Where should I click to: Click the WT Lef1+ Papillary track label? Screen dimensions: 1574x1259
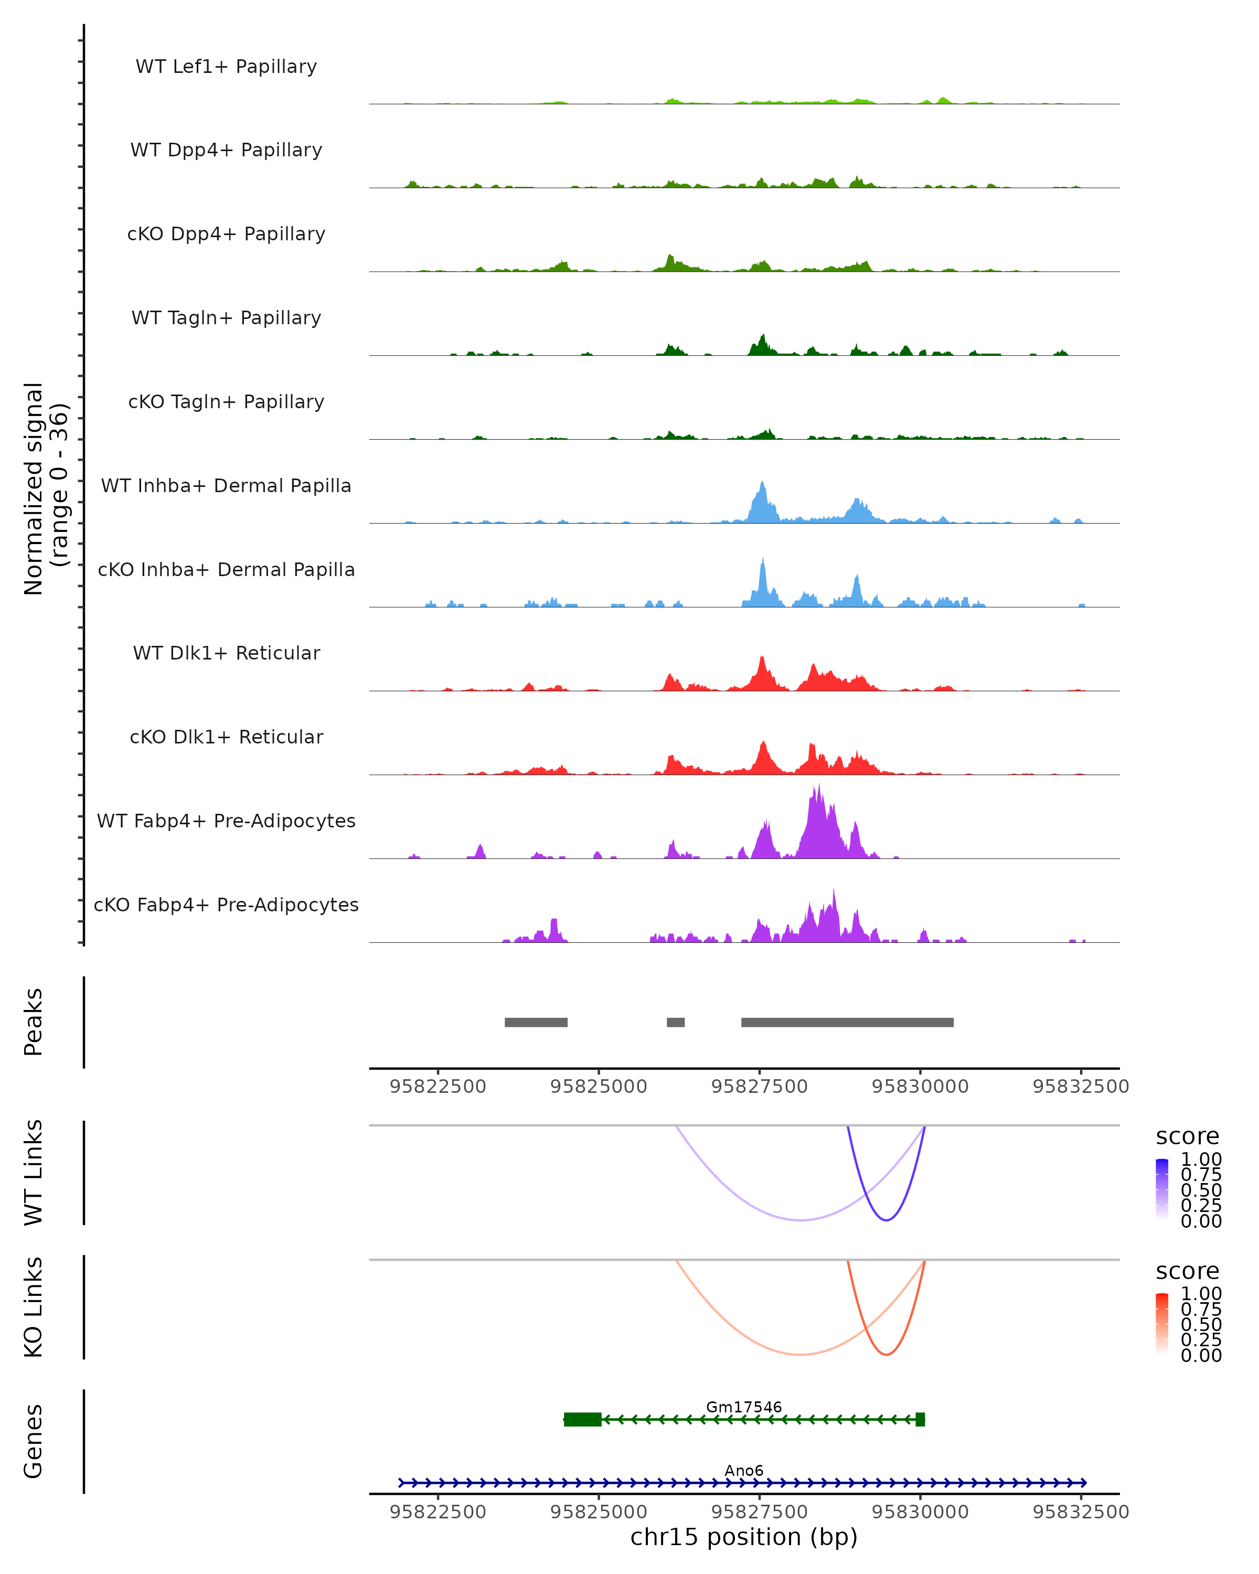coord(226,67)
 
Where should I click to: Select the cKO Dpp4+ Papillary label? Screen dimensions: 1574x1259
coord(226,235)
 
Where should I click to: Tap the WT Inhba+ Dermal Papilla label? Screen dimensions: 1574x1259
coord(226,486)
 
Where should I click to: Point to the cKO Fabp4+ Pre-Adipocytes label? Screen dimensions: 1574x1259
coord(226,905)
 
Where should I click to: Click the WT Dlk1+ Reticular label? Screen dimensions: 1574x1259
coord(226,653)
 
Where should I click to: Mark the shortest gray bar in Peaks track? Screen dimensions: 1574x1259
coord(676,1022)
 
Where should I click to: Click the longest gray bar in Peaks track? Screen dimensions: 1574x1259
coord(847,1022)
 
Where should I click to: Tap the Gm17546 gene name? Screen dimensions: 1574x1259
coord(744,1407)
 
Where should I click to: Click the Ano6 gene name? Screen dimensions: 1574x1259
coord(744,1470)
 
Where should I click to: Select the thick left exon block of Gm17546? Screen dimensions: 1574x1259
coord(582,1419)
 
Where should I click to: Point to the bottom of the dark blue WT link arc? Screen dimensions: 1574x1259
coord(886,1220)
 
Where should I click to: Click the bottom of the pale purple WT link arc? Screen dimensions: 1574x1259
coord(801,1220)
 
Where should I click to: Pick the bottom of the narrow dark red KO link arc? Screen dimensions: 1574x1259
coord(886,1354)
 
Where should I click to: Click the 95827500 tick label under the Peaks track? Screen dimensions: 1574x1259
coord(759,1087)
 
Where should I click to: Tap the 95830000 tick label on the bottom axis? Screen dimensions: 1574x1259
coord(920,1512)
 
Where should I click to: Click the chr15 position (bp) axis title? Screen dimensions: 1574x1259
coord(744,1537)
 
